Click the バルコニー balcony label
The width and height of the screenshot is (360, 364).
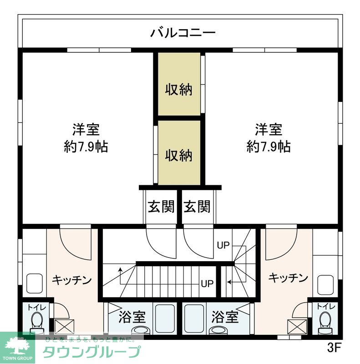(x=183, y=33)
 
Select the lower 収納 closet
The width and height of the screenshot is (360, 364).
(x=178, y=155)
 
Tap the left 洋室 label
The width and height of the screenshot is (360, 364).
(x=86, y=130)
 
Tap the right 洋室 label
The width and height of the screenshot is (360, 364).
(x=269, y=130)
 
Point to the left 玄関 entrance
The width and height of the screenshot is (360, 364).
(x=161, y=207)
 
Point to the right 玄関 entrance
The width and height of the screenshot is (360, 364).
(x=197, y=207)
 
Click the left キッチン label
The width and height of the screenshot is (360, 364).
(x=72, y=279)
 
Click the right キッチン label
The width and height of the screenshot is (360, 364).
(x=288, y=278)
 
